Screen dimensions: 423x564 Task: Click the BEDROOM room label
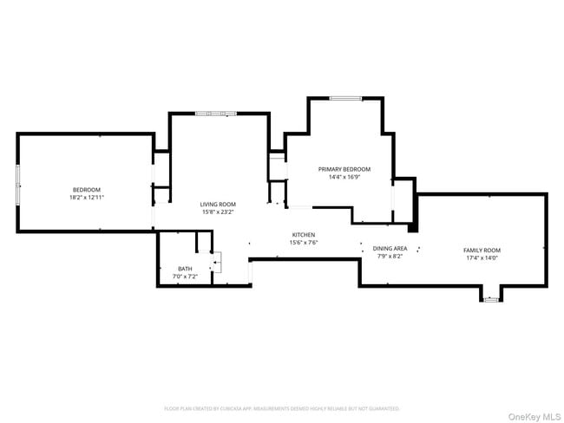point(86,190)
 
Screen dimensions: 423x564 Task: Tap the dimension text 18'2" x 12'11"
point(86,198)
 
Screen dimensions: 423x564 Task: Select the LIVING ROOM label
point(218,204)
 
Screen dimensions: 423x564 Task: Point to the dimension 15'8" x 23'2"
point(218,211)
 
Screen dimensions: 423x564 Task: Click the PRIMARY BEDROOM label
point(344,169)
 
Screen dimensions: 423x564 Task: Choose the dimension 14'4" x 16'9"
point(344,177)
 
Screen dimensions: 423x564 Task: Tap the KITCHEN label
point(304,235)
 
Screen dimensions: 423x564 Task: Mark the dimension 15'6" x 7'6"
point(304,243)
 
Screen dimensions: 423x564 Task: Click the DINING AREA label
point(390,249)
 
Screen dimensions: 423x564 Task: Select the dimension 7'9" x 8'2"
point(390,257)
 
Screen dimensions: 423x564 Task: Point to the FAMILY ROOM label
point(482,251)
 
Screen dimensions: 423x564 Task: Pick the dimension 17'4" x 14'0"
point(482,258)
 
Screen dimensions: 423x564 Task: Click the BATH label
point(185,269)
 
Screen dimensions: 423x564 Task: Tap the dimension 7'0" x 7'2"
point(185,277)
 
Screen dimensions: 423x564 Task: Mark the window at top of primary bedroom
point(345,98)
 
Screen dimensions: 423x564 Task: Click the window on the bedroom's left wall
point(18,182)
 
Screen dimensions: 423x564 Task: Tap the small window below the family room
point(491,300)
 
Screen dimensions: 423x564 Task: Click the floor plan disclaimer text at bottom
point(282,407)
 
